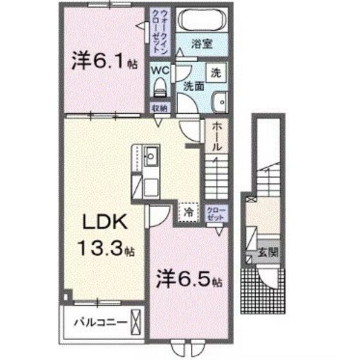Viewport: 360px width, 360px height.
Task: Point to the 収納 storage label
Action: pos(160,107)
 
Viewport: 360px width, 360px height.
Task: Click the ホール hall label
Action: pos(217,136)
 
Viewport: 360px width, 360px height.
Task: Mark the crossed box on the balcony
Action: pos(136,319)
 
